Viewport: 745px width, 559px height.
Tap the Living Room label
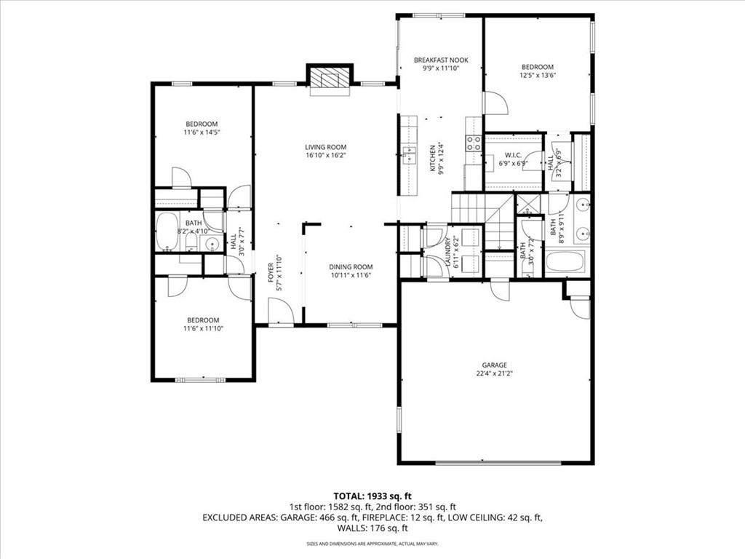pyautogui.click(x=325, y=147)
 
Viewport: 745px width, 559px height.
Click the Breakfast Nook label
pyautogui.click(x=441, y=60)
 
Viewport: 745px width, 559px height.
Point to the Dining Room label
pyautogui.click(x=350, y=266)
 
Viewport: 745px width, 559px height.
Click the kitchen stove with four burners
pyautogui.click(x=474, y=143)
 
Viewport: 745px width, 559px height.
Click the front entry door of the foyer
pyautogui.click(x=281, y=314)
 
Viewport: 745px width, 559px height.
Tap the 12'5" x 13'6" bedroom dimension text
pyautogui.click(x=538, y=75)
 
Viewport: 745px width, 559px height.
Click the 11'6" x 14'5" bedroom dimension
pyautogui.click(x=201, y=132)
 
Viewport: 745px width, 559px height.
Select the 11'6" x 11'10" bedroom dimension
pyautogui.click(x=203, y=329)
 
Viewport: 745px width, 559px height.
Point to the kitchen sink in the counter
pyautogui.click(x=409, y=153)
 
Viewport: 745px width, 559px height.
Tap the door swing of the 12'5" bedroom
pyautogui.click(x=494, y=103)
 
